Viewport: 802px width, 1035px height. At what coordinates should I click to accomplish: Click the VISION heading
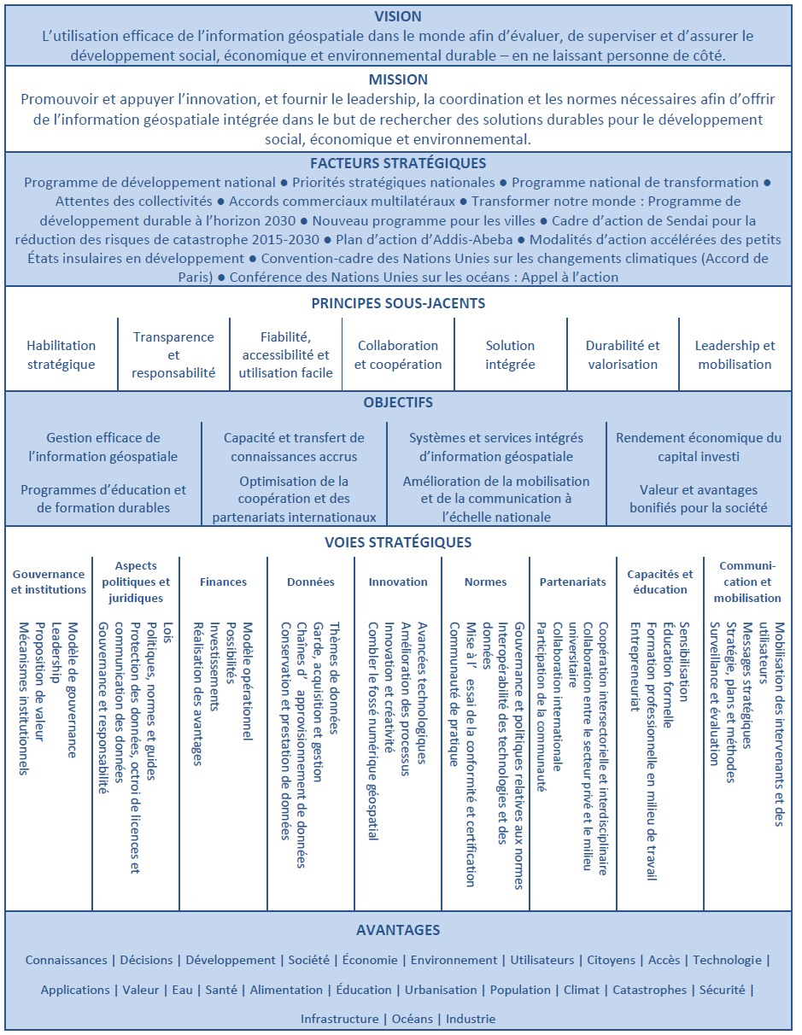pos(398,17)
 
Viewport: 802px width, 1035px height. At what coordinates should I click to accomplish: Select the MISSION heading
pos(398,79)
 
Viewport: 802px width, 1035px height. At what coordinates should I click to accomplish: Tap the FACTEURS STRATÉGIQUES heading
pos(398,163)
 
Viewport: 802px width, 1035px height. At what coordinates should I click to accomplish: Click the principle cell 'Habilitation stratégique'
pos(61,354)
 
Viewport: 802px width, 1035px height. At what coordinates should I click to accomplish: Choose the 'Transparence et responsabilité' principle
pos(173,354)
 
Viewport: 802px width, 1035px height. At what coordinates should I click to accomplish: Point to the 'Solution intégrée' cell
pos(510,354)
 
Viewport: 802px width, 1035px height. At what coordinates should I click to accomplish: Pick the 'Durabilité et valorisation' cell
pos(623,354)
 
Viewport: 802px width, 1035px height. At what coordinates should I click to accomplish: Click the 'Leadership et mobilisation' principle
pos(735,354)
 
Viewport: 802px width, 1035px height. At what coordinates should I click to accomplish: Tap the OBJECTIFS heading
pos(398,402)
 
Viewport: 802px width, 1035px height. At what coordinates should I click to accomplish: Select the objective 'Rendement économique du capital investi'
pos(698,447)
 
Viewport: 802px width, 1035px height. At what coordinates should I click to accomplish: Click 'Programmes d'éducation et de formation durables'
pos(103,499)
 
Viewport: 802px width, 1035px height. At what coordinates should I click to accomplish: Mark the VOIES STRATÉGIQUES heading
pos(398,542)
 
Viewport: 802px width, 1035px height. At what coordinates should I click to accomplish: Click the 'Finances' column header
pos(223,582)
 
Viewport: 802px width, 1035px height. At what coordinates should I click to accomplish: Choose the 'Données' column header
pos(311,582)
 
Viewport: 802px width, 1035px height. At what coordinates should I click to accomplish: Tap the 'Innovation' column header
pos(398,582)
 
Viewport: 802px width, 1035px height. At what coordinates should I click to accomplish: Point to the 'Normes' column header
pos(485,582)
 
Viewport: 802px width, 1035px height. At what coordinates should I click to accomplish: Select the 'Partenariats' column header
pos(572,582)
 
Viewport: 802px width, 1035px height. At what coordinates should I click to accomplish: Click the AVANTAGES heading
pos(398,930)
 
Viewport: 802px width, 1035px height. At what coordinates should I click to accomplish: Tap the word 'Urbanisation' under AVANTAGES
pos(441,990)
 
